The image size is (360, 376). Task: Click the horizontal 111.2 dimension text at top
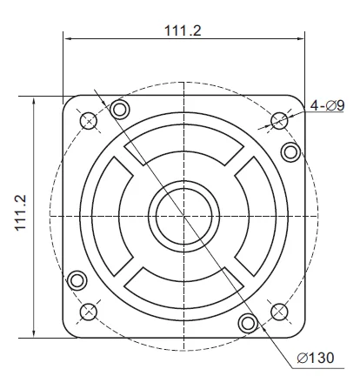(x=183, y=30)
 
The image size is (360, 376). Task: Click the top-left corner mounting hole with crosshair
(x=88, y=120)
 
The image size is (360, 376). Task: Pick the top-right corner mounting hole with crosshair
(x=279, y=120)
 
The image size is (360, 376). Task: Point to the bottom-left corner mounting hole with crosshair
(x=88, y=312)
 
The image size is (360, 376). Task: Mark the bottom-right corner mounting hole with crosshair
(x=279, y=312)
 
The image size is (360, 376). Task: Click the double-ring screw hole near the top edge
(x=120, y=108)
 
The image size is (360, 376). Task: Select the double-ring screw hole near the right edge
(x=291, y=152)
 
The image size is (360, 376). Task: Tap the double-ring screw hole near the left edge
(x=77, y=279)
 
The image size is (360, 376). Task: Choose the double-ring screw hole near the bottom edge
(x=248, y=324)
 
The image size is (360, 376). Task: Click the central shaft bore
(x=183, y=215)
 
